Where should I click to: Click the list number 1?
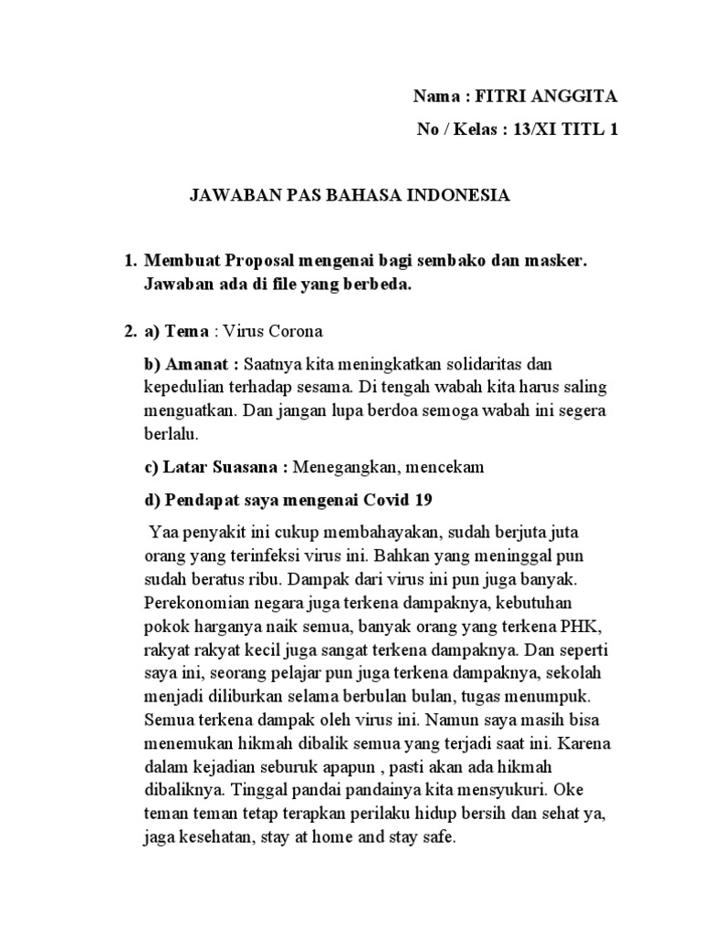pos(128,261)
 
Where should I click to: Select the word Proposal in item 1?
pos(263,261)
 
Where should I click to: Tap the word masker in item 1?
pos(553,261)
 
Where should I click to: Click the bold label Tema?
pos(186,330)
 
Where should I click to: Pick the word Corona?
pos(293,330)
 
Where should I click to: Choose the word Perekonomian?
pos(191,602)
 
